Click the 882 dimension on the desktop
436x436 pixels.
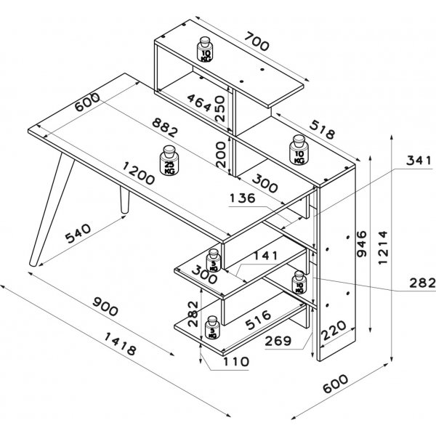[x=157, y=129]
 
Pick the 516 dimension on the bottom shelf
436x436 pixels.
[x=257, y=317]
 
